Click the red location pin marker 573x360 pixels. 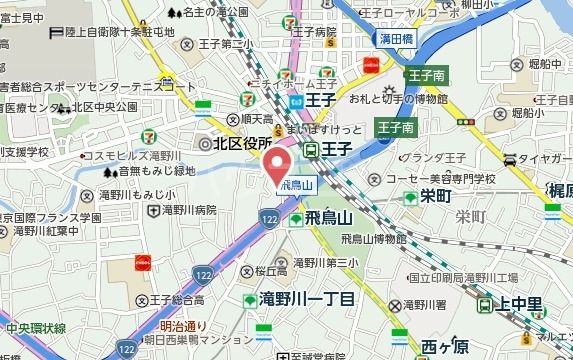279,164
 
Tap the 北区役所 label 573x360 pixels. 236,144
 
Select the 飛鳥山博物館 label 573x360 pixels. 373,239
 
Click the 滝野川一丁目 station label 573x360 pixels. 306,298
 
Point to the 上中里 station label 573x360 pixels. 521,306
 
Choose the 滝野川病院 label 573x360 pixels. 189,210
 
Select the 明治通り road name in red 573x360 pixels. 183,326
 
